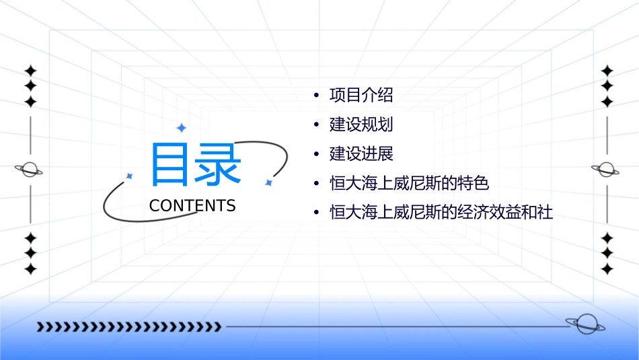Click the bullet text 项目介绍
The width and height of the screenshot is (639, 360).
(x=361, y=95)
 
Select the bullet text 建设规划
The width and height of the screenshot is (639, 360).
(x=361, y=124)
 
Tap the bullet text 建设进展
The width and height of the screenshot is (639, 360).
(x=361, y=154)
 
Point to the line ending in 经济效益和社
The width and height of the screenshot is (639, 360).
(x=441, y=213)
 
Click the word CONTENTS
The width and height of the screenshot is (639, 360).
(x=192, y=206)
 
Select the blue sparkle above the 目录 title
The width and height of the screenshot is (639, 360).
(x=181, y=128)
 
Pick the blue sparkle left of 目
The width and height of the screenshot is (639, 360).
(x=130, y=176)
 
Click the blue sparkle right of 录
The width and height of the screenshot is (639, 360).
(x=268, y=182)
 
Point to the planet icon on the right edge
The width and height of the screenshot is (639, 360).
(x=606, y=169)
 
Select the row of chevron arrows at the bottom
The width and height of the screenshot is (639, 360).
(x=129, y=327)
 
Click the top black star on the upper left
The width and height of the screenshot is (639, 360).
(x=30, y=71)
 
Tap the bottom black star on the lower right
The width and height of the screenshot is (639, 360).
(x=607, y=268)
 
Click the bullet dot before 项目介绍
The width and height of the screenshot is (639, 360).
(x=316, y=96)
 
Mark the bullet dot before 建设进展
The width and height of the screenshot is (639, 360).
(x=316, y=155)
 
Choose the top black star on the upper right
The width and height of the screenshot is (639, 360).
(x=607, y=71)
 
